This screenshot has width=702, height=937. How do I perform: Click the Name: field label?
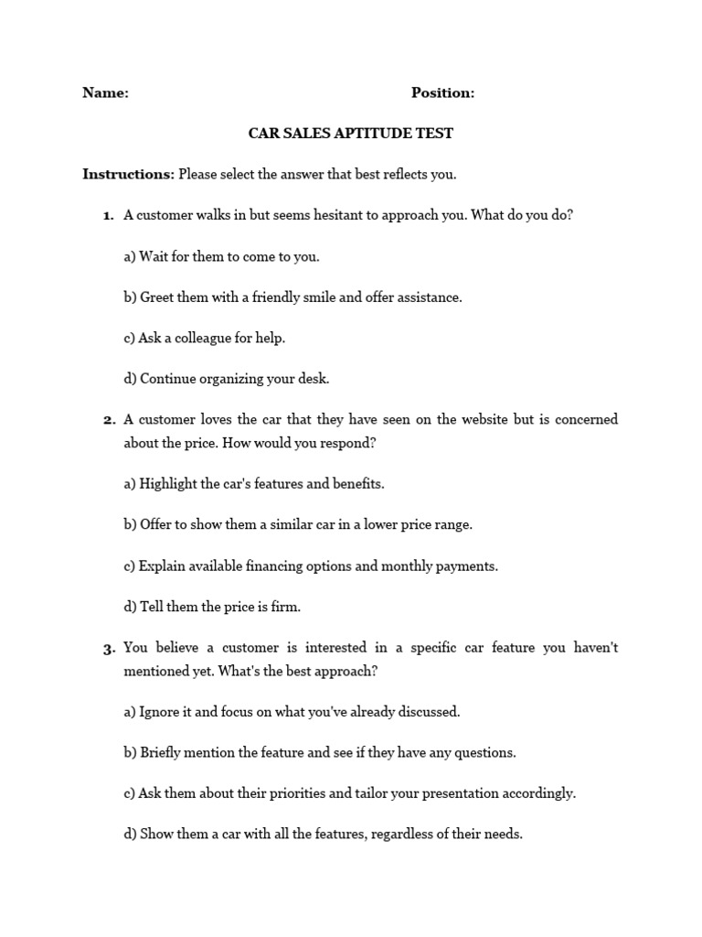click(x=105, y=92)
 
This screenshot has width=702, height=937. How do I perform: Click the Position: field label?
click(x=442, y=92)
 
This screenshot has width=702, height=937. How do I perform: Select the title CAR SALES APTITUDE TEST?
click(x=351, y=134)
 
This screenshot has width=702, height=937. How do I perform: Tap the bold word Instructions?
click(x=128, y=174)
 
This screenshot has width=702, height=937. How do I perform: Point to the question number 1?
click(x=108, y=216)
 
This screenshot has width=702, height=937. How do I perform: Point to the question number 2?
click(x=108, y=420)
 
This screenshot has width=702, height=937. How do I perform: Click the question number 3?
click(x=108, y=649)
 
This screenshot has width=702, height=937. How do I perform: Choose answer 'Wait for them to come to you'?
click(x=221, y=257)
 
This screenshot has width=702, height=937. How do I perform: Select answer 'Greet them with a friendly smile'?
click(x=292, y=297)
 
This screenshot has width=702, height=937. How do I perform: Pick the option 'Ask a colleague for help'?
click(x=205, y=338)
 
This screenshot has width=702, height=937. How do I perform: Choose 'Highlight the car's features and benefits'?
click(x=254, y=484)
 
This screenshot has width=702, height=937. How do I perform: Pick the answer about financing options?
click(x=311, y=565)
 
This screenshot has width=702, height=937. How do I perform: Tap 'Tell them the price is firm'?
click(x=212, y=607)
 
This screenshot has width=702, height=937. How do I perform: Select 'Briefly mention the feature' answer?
click(x=320, y=753)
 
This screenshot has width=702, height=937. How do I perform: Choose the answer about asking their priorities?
click(x=349, y=793)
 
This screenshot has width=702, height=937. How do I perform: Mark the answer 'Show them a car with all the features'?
click(x=323, y=835)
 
